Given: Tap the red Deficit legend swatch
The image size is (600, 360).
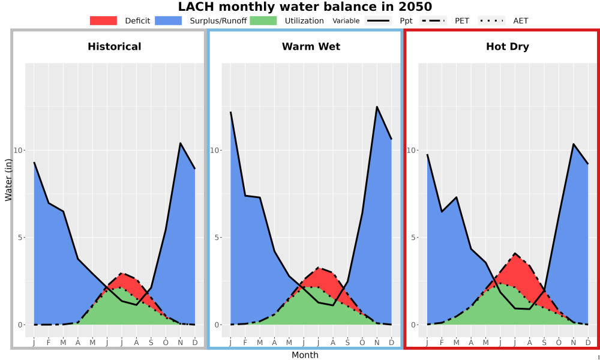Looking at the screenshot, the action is (x=103, y=20).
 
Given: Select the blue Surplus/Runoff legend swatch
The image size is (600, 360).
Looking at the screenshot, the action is (x=169, y=20).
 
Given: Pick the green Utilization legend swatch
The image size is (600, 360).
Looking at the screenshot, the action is (x=263, y=20).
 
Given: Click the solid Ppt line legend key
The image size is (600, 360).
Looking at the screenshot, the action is (x=377, y=20).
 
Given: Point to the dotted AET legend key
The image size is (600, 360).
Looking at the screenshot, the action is (x=492, y=20).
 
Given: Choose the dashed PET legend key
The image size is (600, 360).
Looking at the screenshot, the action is (x=433, y=20).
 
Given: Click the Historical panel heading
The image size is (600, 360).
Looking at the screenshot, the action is (x=115, y=47).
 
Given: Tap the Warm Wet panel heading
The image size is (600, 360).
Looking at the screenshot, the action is (x=311, y=47).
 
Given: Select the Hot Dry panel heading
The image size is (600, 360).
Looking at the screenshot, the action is (x=508, y=47).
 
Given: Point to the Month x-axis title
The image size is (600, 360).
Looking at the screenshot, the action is (x=305, y=355).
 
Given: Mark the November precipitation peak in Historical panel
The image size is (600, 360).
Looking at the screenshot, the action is (x=180, y=143).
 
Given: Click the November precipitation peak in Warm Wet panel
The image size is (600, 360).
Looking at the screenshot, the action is (x=377, y=107).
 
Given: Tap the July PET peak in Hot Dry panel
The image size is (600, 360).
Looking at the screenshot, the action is (x=515, y=253).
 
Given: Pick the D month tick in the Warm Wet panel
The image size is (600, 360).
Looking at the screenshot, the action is (x=391, y=343).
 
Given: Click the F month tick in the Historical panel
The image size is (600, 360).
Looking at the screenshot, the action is (x=49, y=343).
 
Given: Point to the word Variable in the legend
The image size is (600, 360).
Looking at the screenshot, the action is (x=346, y=20).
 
